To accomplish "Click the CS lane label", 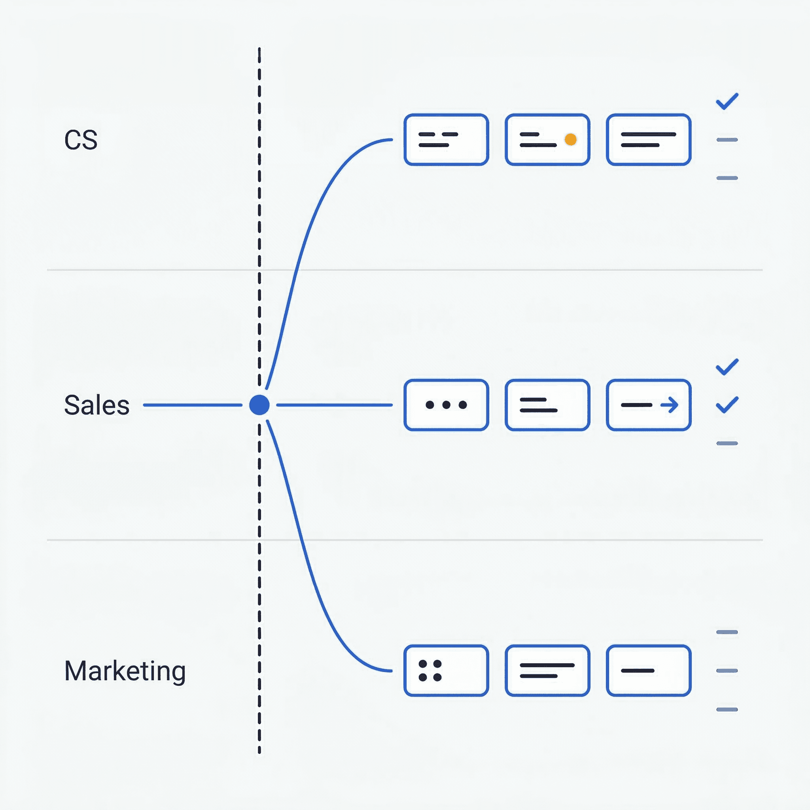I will [x=81, y=140].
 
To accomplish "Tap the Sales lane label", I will [x=97, y=405].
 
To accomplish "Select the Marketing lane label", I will [x=125, y=671].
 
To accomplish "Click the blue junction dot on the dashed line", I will [x=259, y=405].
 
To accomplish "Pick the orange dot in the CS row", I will [x=571, y=139].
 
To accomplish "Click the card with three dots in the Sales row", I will [x=446, y=405].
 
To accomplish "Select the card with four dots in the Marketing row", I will [x=446, y=671].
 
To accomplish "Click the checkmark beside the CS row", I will [x=727, y=101].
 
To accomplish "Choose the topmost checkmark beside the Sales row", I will [x=727, y=367].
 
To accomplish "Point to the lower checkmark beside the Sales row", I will [x=727, y=405].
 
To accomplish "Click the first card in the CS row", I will [x=446, y=140].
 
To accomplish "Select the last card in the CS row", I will [x=649, y=140].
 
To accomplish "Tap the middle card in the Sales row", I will [x=547, y=405].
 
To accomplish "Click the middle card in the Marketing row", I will [x=547, y=671].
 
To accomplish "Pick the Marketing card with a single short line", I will [x=649, y=671].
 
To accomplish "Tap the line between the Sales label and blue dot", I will [x=193, y=405].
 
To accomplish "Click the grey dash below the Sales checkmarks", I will [x=727, y=443].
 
